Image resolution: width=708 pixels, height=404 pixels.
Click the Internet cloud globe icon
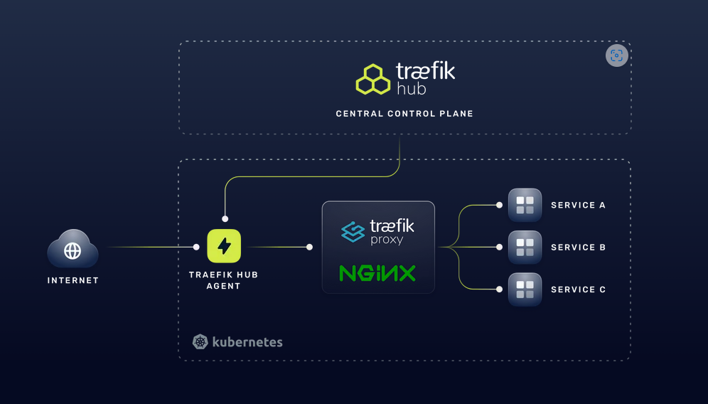tap(73, 250)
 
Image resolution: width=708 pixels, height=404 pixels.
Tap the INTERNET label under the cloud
tap(73, 280)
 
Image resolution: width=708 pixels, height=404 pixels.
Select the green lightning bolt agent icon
tap(224, 247)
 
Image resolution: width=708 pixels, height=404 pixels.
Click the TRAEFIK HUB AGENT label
tap(225, 280)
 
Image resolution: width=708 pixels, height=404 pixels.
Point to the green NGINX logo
tap(377, 273)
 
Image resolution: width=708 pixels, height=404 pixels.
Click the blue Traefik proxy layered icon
tap(353, 232)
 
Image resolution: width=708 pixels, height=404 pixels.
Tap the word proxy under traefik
tap(387, 240)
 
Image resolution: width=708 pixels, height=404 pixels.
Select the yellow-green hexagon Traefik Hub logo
tap(373, 79)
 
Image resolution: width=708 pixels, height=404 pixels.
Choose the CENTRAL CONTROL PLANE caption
tap(404, 114)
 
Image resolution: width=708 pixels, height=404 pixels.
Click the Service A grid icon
tap(525, 205)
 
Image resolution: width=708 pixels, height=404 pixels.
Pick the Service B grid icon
tap(525, 247)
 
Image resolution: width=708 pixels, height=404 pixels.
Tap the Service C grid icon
tap(525, 289)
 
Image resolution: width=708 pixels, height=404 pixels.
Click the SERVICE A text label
tap(578, 205)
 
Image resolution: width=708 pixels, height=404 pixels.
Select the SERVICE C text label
tap(578, 289)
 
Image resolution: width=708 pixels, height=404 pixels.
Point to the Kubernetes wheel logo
tap(200, 342)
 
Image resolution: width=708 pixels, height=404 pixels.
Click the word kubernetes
tap(247, 342)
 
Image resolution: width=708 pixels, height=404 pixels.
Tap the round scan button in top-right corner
tap(617, 55)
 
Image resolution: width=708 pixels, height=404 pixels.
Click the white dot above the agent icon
tap(225, 218)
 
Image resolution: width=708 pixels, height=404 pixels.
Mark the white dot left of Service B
tap(499, 247)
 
